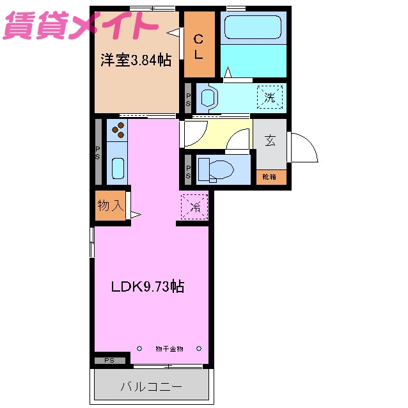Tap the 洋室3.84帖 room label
pos(135,61)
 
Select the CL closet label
pos(199,46)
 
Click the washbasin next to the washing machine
pos(209,98)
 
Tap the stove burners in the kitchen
pos(118,130)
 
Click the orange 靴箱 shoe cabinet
pos(269,177)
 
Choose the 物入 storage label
pos(110,205)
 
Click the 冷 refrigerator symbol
pos(195,207)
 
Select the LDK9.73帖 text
pos(148,287)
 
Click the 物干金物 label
pos(169,349)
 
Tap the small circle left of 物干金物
pos(139,349)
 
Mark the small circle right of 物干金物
pos(199,349)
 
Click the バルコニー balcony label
pos(152,386)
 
